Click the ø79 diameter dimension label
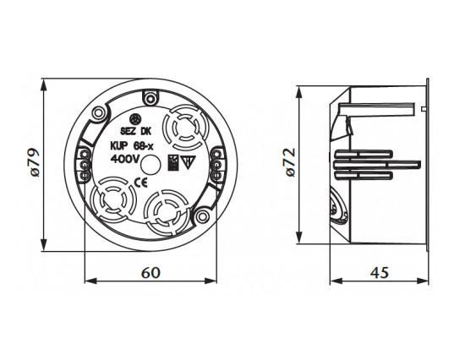tap(35, 162)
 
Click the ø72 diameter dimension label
tap(291, 162)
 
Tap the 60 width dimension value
tap(150, 273)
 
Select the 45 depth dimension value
tap(380, 273)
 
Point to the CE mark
tap(141, 183)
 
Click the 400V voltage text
tap(124, 160)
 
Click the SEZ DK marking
tap(136, 131)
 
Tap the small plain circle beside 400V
tap(150, 165)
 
